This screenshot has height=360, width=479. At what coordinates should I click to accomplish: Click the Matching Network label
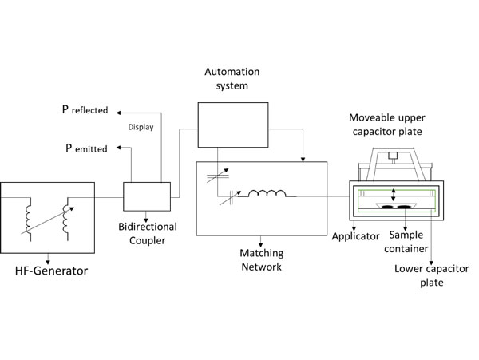click(x=262, y=260)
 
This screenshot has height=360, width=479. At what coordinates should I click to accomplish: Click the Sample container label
click(x=410, y=242)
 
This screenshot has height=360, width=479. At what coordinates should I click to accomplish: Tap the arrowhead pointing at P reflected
click(x=115, y=110)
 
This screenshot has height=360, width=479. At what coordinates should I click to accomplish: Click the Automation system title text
click(x=232, y=79)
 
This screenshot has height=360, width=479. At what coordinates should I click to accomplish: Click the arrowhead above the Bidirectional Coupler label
click(x=146, y=216)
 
